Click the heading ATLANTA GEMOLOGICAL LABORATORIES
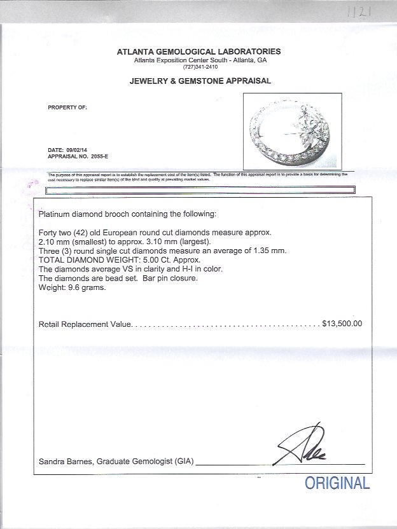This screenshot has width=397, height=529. click(198, 52)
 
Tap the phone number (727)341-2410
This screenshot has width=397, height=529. click(200, 67)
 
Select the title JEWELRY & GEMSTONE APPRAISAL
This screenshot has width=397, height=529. click(200, 81)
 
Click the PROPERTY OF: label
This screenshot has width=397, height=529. click(67, 107)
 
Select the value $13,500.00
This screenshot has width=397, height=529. click(342, 324)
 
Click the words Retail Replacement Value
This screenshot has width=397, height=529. click(85, 324)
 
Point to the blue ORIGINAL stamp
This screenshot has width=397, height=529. click(337, 483)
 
